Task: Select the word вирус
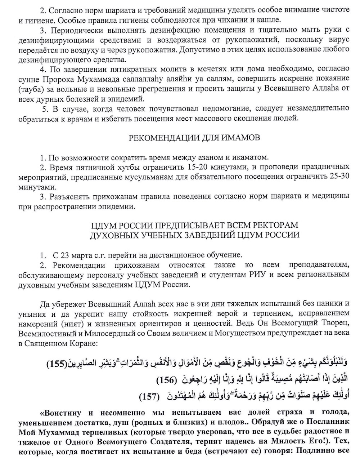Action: pyautogui.click(x=339, y=39)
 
